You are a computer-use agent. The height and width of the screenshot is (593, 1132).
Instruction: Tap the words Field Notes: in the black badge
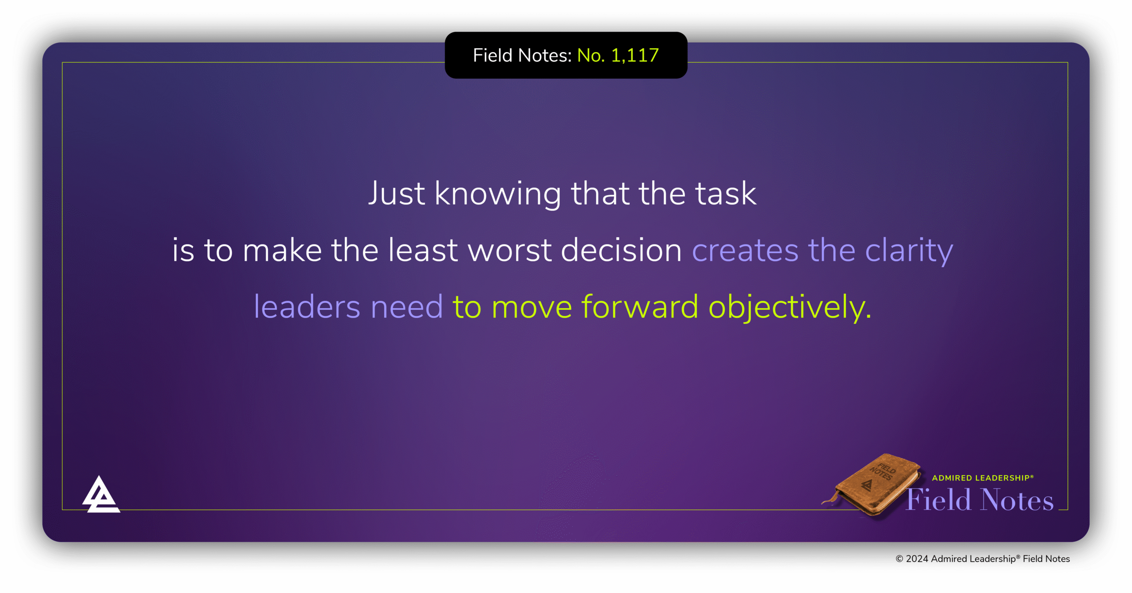pos(522,56)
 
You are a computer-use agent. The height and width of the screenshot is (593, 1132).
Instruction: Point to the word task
pos(726,194)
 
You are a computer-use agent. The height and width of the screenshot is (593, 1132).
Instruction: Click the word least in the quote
pos(423,250)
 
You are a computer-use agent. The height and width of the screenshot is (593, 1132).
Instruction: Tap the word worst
pos(510,250)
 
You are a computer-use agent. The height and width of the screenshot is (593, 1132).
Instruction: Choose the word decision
pos(621,250)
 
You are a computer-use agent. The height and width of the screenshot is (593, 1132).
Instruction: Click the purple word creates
pos(745,250)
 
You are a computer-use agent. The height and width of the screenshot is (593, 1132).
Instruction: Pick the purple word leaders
pos(307,307)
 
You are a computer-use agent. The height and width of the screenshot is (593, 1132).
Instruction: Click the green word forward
pos(639,307)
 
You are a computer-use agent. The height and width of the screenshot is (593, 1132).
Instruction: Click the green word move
pos(532,307)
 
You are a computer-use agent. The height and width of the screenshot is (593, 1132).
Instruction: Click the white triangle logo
pos(100,496)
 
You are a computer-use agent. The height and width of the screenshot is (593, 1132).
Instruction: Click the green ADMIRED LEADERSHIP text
pos(982,478)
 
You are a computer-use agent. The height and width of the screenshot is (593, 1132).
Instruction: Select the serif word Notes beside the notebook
pos(1017,500)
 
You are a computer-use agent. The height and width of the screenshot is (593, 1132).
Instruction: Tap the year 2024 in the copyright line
pos(917,559)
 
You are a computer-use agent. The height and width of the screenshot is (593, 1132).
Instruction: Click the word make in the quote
pos(282,250)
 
